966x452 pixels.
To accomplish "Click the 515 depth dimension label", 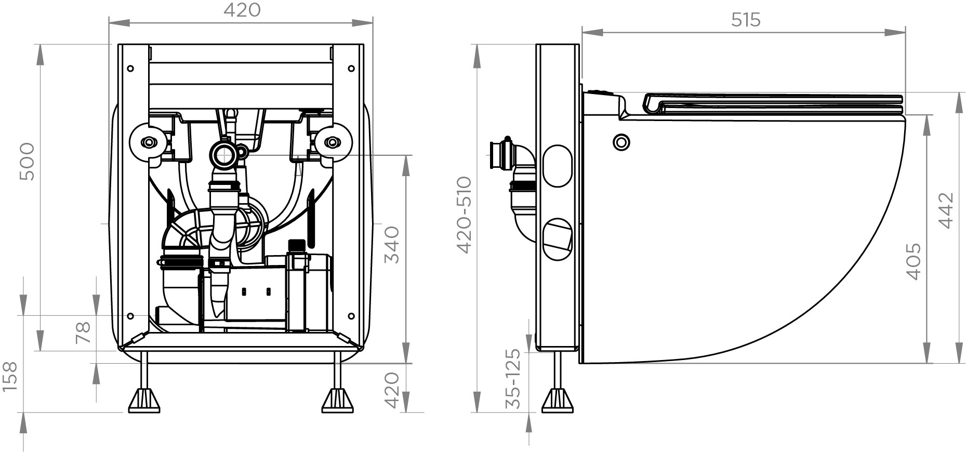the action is click(x=745, y=20).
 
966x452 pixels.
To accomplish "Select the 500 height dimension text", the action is click(x=27, y=162).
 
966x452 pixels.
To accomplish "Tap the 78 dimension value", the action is click(x=83, y=333).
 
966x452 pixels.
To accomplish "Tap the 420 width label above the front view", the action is click(x=242, y=10).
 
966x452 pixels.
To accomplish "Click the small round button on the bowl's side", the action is click(x=621, y=141).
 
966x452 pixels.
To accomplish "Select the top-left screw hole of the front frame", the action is click(x=130, y=68).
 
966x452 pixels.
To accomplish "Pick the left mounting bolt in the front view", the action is click(x=149, y=142).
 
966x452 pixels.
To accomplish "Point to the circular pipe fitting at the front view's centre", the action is click(x=224, y=154).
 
